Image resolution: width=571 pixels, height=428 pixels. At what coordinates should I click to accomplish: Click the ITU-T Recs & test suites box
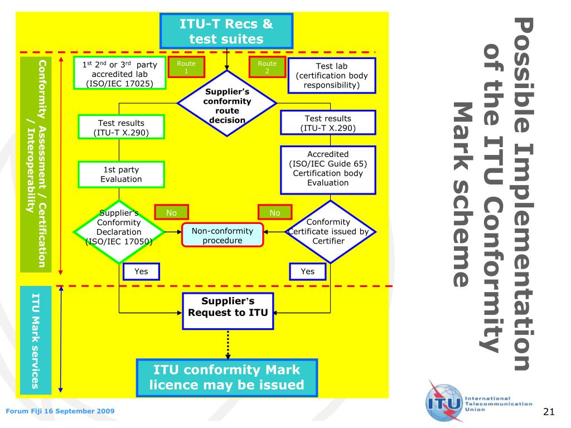click(226, 31)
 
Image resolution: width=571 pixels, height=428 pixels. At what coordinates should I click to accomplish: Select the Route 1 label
click(186, 67)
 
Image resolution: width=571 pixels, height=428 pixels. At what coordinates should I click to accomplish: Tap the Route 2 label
click(267, 67)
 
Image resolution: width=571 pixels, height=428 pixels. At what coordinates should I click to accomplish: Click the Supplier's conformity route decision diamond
click(227, 103)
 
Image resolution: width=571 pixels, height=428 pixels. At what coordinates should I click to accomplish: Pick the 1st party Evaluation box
click(121, 174)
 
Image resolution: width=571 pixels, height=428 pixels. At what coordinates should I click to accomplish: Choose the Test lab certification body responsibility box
click(332, 76)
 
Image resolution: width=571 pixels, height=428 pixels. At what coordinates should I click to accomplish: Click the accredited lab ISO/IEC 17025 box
click(119, 73)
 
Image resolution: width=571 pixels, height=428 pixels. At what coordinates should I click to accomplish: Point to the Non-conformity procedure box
click(222, 235)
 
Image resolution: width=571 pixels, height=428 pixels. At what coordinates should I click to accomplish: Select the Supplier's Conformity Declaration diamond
click(119, 231)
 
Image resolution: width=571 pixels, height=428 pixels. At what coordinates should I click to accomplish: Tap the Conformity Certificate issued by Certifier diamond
click(330, 231)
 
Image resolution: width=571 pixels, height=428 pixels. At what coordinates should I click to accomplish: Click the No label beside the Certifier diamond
click(275, 212)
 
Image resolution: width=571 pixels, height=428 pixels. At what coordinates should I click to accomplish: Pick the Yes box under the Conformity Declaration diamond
click(141, 271)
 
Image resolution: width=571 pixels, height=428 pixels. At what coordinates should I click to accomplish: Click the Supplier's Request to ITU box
click(228, 311)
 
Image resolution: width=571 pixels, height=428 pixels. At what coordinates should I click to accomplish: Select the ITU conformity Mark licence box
click(227, 378)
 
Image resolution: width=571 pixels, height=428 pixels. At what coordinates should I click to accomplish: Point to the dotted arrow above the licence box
click(228, 344)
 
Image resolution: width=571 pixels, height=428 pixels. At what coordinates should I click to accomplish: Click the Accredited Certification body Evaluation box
click(328, 170)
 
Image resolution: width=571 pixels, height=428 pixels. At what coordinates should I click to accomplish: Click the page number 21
click(549, 412)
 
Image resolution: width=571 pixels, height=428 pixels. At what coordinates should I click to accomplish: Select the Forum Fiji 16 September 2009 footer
click(60, 411)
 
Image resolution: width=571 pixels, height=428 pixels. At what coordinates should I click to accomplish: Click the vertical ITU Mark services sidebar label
click(35, 341)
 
